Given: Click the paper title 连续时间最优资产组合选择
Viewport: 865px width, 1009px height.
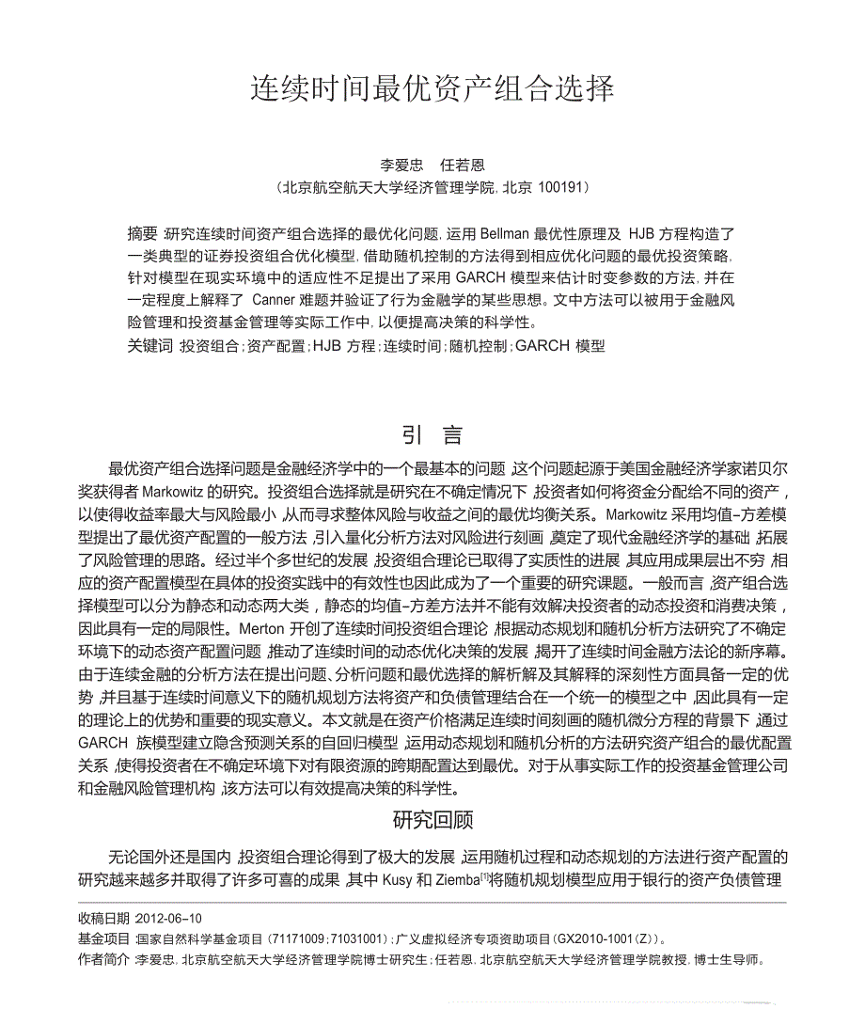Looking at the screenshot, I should (432, 89).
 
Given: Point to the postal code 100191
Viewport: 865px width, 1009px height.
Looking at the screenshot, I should (559, 187).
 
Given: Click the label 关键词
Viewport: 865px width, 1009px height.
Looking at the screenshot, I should (149, 345).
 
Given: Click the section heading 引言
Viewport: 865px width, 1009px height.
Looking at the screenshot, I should (432, 435).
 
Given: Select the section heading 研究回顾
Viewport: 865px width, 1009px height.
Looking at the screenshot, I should (432, 820).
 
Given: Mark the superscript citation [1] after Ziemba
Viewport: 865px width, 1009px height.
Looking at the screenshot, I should (486, 875).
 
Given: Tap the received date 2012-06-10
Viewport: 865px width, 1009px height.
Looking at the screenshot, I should (168, 918).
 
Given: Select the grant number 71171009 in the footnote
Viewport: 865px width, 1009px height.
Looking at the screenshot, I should (299, 938).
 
